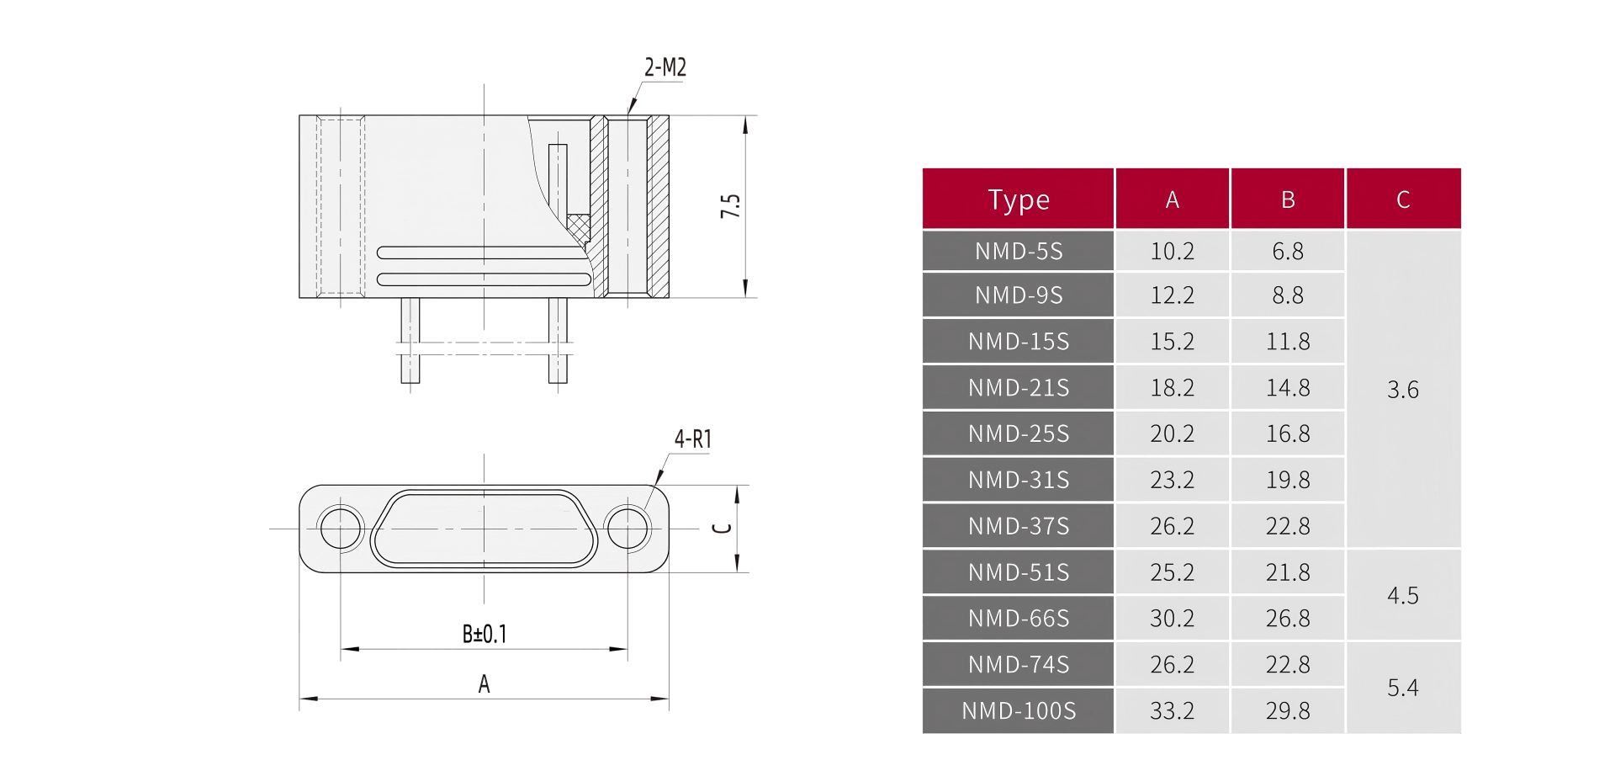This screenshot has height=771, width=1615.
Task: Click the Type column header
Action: (1019, 199)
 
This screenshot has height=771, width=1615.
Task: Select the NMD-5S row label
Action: (1019, 251)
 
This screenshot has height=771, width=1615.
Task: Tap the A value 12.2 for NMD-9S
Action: (1172, 295)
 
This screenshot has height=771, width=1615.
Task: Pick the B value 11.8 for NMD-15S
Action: (1288, 341)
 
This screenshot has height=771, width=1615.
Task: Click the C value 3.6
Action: (1402, 389)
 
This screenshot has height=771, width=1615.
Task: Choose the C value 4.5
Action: (1402, 595)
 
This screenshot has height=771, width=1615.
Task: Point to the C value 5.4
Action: (1402, 688)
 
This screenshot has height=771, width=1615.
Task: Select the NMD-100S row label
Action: (1019, 710)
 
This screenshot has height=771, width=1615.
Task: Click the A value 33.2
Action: (1172, 710)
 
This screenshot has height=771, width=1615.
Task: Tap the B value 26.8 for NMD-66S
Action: (1288, 618)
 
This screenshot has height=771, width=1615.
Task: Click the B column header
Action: (1288, 199)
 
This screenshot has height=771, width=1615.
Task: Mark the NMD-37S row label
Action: (1019, 526)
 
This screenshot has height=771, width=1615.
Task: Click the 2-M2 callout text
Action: (665, 67)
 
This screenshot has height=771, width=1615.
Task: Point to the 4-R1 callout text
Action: (692, 439)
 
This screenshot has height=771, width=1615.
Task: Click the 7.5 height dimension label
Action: (730, 206)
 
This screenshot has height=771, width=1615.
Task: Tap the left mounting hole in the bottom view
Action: (341, 529)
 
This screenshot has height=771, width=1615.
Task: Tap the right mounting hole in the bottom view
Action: (627, 529)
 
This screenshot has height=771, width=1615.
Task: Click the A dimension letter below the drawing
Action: (484, 683)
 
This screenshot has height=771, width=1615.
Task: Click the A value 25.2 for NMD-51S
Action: (1172, 572)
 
